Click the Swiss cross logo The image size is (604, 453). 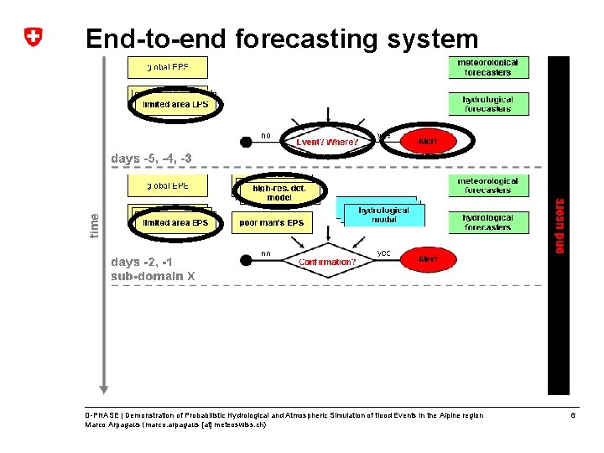(32, 38)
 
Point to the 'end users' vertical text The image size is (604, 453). (560, 225)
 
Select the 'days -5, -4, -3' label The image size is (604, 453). (151, 159)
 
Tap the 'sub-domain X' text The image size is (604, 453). (153, 275)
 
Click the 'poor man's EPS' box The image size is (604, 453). (272, 222)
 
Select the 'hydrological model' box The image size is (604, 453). (383, 214)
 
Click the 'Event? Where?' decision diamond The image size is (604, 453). (327, 142)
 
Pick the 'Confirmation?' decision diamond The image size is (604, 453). (327, 262)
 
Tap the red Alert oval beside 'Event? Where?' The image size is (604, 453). (428, 141)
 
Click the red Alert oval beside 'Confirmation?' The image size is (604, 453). (428, 260)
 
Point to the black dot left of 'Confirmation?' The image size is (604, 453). (246, 261)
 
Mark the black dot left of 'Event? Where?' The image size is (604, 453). (246, 142)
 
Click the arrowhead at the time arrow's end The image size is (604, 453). (103, 388)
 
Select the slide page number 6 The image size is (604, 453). (573, 415)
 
